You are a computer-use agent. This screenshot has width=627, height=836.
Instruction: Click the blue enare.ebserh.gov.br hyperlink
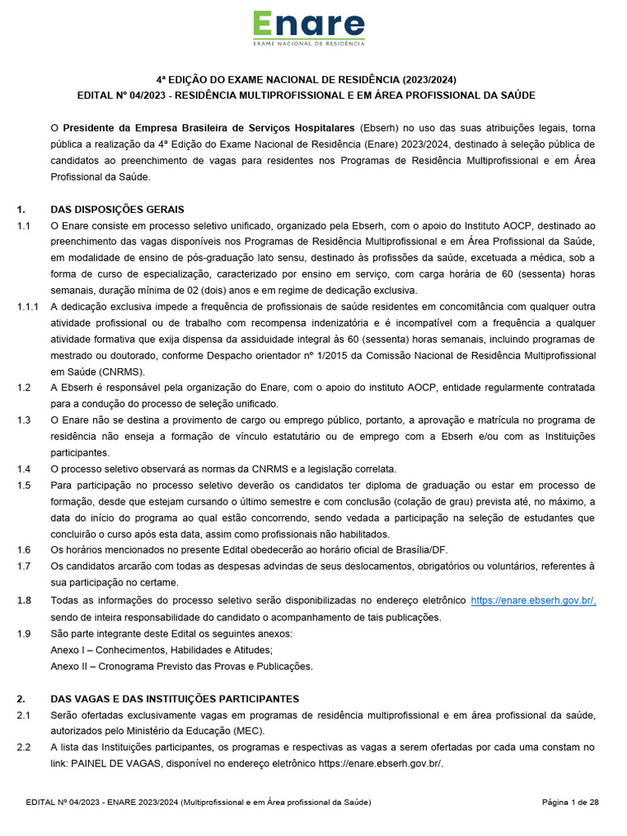pos(533,601)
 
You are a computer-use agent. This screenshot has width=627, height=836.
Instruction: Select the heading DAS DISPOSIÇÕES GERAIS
pos(118,210)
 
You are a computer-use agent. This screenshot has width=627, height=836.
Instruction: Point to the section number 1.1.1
pos(27,307)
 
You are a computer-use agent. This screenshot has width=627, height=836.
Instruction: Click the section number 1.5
pos(24,485)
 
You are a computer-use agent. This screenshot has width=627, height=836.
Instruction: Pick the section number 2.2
pos(24,747)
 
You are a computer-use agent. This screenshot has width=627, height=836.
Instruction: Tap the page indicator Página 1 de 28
pos(571,803)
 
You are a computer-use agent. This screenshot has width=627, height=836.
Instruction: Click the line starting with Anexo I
pos(162,650)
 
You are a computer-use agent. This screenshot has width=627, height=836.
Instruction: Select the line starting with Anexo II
pos(181,666)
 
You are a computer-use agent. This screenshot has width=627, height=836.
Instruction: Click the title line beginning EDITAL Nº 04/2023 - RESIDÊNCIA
pos(306,96)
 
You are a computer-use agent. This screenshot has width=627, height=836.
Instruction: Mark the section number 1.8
pos(24,601)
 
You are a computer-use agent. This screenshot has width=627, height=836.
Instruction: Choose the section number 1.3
pos(24,420)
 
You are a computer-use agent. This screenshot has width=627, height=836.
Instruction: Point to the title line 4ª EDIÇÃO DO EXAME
pos(306,79)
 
